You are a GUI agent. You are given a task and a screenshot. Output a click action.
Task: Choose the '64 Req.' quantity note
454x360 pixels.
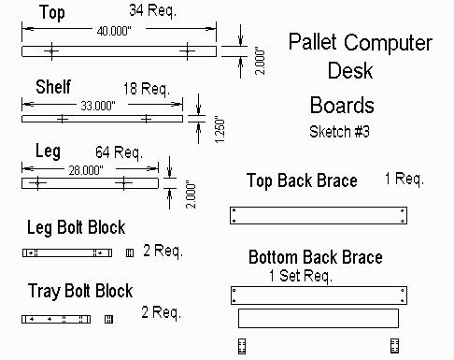coord(119,151)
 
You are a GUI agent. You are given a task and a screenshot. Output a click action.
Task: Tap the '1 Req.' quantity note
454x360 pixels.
coord(404,178)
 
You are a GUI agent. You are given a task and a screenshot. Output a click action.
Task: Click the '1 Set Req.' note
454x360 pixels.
coord(301,276)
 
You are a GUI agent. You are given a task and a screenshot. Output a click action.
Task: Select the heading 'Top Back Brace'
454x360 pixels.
coord(302,180)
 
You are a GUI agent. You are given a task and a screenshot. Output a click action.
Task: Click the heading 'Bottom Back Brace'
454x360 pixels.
coord(315,257)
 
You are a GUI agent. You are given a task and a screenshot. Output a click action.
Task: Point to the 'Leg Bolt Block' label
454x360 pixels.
coord(76,227)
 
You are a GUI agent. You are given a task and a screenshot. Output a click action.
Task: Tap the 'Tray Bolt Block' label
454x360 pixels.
coord(80,291)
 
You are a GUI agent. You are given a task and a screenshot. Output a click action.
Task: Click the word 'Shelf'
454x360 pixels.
coord(53,86)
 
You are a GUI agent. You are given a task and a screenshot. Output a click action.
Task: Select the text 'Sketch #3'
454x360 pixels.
coord(339,132)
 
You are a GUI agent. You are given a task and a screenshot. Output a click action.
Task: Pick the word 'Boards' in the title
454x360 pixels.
coord(342,105)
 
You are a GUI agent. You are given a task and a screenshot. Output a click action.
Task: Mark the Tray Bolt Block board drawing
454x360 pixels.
coord(56,319)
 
